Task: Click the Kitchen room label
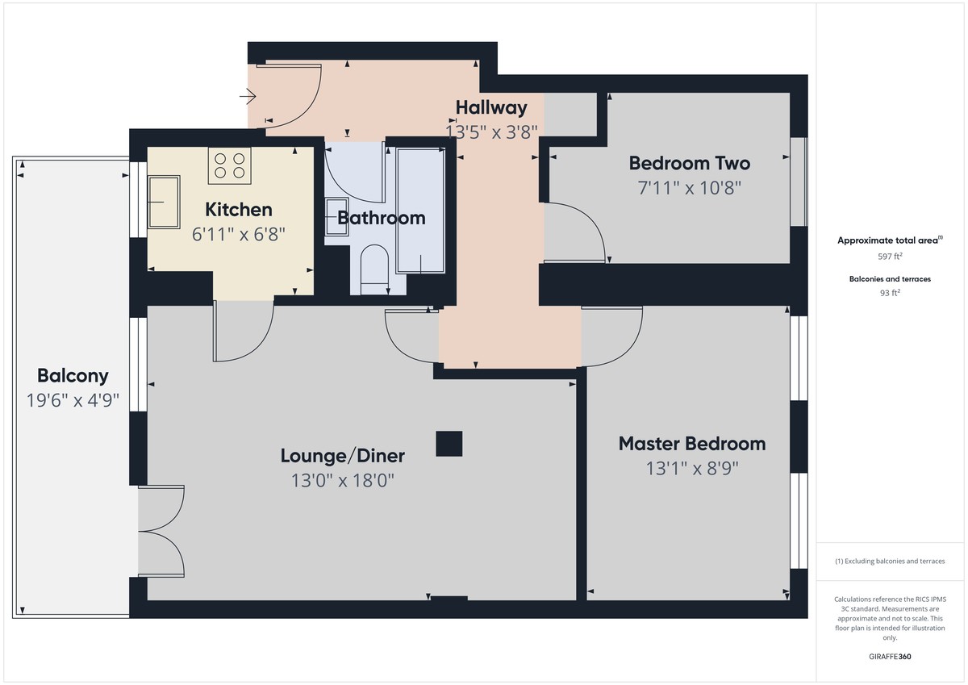[238, 210]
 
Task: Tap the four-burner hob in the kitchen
[229, 165]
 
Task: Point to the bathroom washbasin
[336, 217]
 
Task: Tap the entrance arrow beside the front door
[248, 98]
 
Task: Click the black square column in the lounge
[449, 444]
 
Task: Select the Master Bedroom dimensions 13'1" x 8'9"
[691, 468]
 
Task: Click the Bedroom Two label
[689, 164]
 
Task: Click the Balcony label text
[73, 376]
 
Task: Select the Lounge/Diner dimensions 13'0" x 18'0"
[342, 481]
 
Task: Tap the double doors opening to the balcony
[161, 530]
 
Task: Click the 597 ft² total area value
[890, 257]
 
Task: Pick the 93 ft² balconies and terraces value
[890, 294]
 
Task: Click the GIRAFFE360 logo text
[890, 657]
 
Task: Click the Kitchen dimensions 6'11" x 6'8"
[238, 235]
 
